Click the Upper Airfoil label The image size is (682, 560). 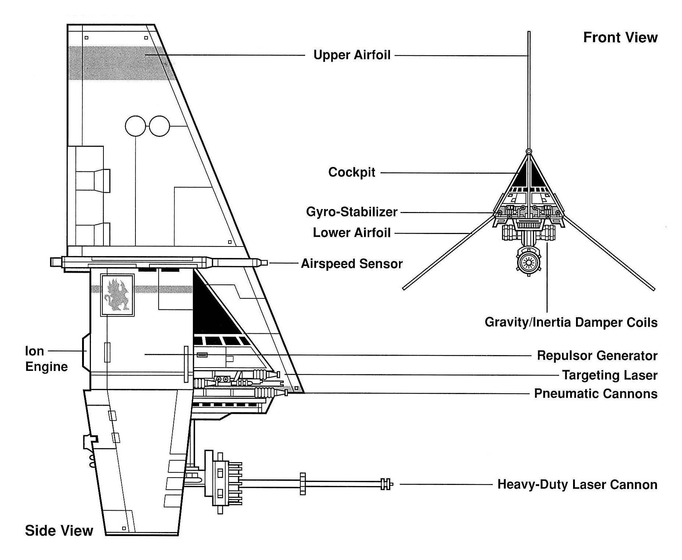click(351, 55)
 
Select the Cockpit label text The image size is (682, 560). click(351, 172)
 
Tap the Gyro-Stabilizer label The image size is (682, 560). click(351, 212)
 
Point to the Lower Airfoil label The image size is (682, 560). click(351, 233)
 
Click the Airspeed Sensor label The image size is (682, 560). click(351, 263)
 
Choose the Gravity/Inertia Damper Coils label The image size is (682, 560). click(571, 322)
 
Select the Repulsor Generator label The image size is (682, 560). click(597, 355)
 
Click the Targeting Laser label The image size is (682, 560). click(609, 375)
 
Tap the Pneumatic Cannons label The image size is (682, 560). click(596, 393)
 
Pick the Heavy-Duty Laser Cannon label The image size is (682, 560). click(577, 484)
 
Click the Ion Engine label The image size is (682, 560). click(46, 359)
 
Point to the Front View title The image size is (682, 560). click(620, 38)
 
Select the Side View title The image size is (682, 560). click(59, 531)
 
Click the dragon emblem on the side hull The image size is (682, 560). click(117, 295)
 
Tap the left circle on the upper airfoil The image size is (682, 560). click(135, 126)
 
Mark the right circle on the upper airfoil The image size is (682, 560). click(159, 126)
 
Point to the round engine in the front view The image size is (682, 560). click(529, 262)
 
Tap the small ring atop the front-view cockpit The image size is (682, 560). click(529, 151)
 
